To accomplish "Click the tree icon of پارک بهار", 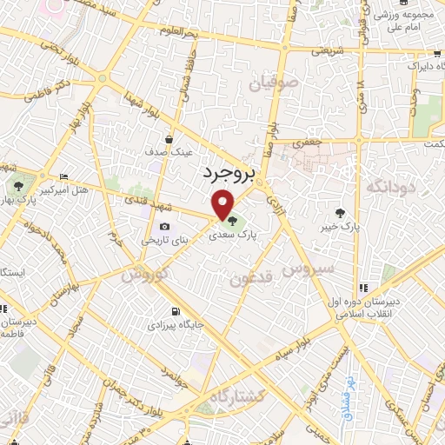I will [18, 185].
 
